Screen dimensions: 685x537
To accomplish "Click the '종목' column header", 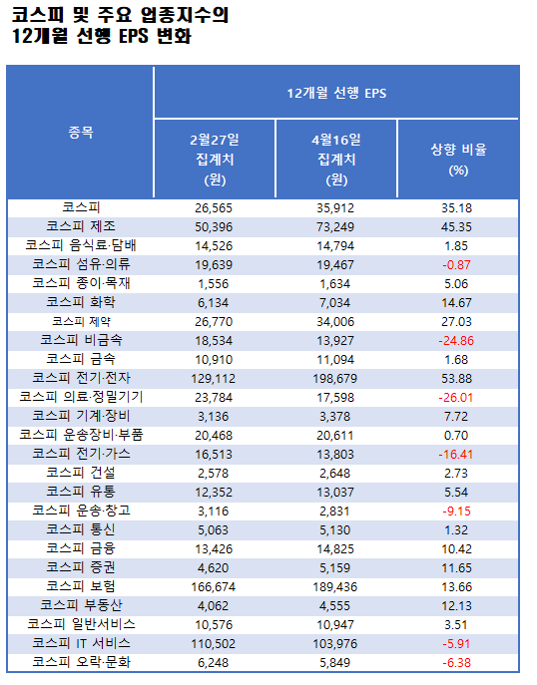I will tap(81, 133).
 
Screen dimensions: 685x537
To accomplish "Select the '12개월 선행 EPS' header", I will tap(335, 93).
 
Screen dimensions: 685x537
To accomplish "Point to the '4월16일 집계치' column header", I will tap(335, 158).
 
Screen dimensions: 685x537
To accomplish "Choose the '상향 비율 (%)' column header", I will tap(458, 159).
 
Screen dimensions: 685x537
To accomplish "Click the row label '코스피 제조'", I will tap(81, 226).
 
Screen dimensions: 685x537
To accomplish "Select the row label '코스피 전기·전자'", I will tap(81, 378).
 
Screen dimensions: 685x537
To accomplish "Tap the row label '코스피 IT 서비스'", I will tap(81, 643).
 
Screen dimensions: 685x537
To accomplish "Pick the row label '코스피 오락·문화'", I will tap(81, 662).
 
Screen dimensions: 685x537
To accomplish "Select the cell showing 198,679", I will tap(335, 378).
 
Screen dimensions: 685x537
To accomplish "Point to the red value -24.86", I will tap(458, 340).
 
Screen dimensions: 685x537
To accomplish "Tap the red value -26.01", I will tap(458, 397).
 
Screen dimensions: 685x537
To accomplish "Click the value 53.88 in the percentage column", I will tap(458, 378).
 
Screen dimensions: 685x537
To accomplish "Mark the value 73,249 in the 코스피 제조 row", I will tap(335, 226).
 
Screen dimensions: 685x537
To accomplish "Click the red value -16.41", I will tap(458, 454).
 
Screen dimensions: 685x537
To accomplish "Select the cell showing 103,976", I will tap(335, 643).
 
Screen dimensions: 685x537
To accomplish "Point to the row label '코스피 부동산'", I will tap(81, 605).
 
